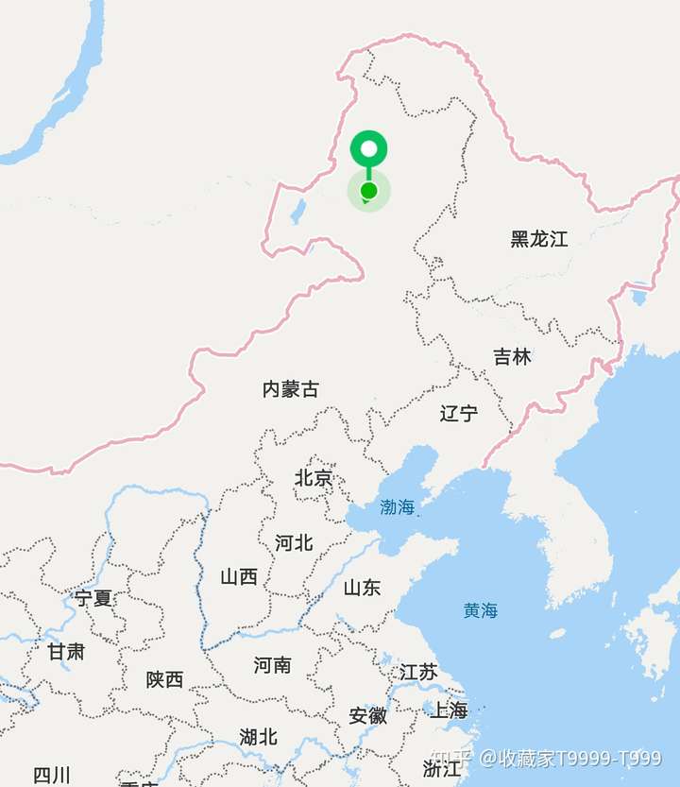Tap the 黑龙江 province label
(539, 239)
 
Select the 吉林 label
(512, 357)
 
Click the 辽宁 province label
(459, 413)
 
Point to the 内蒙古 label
(291, 388)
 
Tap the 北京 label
(314, 478)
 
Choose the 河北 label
(294, 543)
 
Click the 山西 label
(239, 576)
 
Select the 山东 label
(362, 588)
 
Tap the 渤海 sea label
(398, 507)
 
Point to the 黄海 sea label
(481, 610)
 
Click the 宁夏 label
(93, 598)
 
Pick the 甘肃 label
(66, 651)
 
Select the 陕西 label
(165, 678)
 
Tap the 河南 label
(273, 665)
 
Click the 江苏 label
(418, 672)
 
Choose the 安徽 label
(368, 715)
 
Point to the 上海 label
(449, 710)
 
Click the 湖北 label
(258, 736)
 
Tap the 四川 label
(52, 776)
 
